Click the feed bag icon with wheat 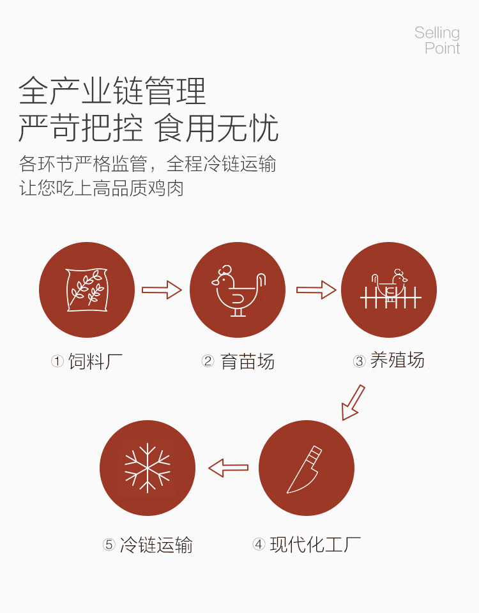[87, 290]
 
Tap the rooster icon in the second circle [238, 290]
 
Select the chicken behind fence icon [389, 290]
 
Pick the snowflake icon [148, 468]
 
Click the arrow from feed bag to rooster [162, 290]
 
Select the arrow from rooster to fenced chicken [316, 290]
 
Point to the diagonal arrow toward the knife [353, 402]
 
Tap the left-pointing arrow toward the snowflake [229, 468]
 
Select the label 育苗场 [247, 361]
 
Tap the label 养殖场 [397, 361]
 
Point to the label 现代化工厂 [316, 545]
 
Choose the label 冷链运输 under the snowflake [156, 545]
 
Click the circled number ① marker [57, 362]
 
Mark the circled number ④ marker [259, 545]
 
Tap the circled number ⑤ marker [109, 545]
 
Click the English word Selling [437, 33]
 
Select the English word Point [442, 48]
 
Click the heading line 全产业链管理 [112, 91]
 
